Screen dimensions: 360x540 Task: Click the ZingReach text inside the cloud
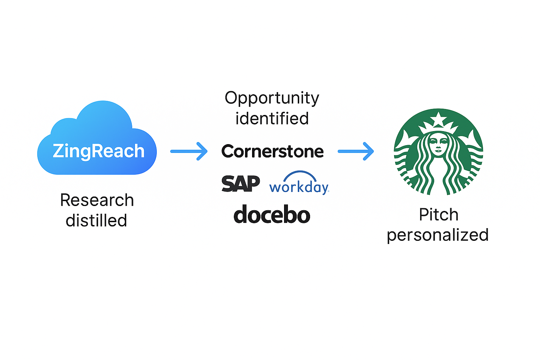pos(98,151)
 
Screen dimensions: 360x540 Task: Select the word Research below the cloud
pos(97,200)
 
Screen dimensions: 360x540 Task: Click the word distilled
pos(96,221)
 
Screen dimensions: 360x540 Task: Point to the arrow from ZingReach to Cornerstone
pos(189,151)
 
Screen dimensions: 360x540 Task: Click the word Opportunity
pos(272,98)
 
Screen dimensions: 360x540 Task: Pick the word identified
pos(272,118)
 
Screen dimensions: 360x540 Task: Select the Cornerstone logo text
pos(272,152)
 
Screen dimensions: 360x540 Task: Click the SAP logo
pos(241,184)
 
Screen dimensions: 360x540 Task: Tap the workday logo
pos(299,187)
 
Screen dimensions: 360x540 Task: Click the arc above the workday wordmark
pos(300,175)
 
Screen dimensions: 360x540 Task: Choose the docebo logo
pos(272,215)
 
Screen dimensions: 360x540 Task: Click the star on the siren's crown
pos(438,120)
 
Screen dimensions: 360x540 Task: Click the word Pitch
pos(438,215)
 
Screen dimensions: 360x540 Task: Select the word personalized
pos(438,235)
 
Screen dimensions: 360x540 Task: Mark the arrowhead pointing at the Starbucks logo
pos(369,151)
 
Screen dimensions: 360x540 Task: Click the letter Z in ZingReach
pos(58,151)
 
